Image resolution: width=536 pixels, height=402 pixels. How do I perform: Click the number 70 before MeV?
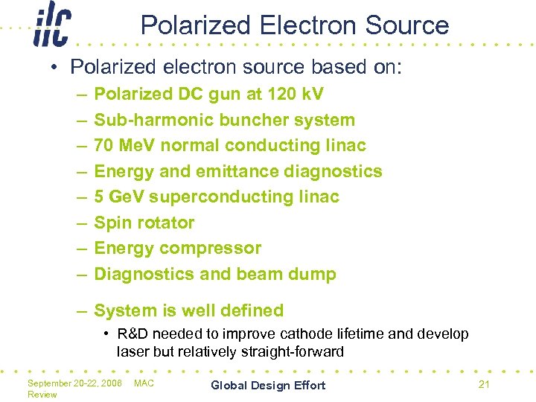(104, 145)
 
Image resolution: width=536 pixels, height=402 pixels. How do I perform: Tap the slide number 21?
(484, 384)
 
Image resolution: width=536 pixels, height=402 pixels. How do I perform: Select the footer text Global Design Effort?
(268, 385)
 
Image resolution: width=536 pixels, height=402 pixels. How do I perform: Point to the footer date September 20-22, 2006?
(74, 383)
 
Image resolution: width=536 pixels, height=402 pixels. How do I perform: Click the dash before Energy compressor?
(79, 248)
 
